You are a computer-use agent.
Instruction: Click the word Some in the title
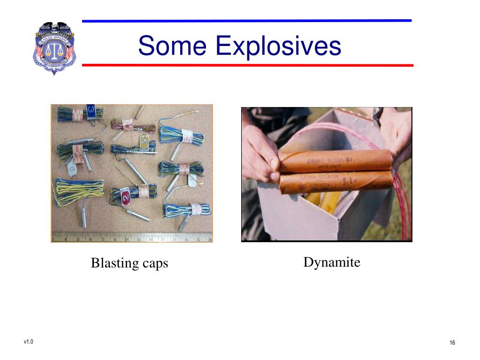[172, 46]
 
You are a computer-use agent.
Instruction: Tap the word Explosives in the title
[278, 46]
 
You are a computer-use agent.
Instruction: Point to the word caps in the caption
[155, 264]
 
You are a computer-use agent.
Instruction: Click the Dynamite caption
[332, 262]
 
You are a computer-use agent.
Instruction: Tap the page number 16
[452, 343]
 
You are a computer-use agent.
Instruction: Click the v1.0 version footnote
[28, 341]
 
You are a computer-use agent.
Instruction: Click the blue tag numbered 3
[91, 112]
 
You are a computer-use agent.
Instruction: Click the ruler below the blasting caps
[131, 237]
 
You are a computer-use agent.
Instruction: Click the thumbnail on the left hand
[274, 164]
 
